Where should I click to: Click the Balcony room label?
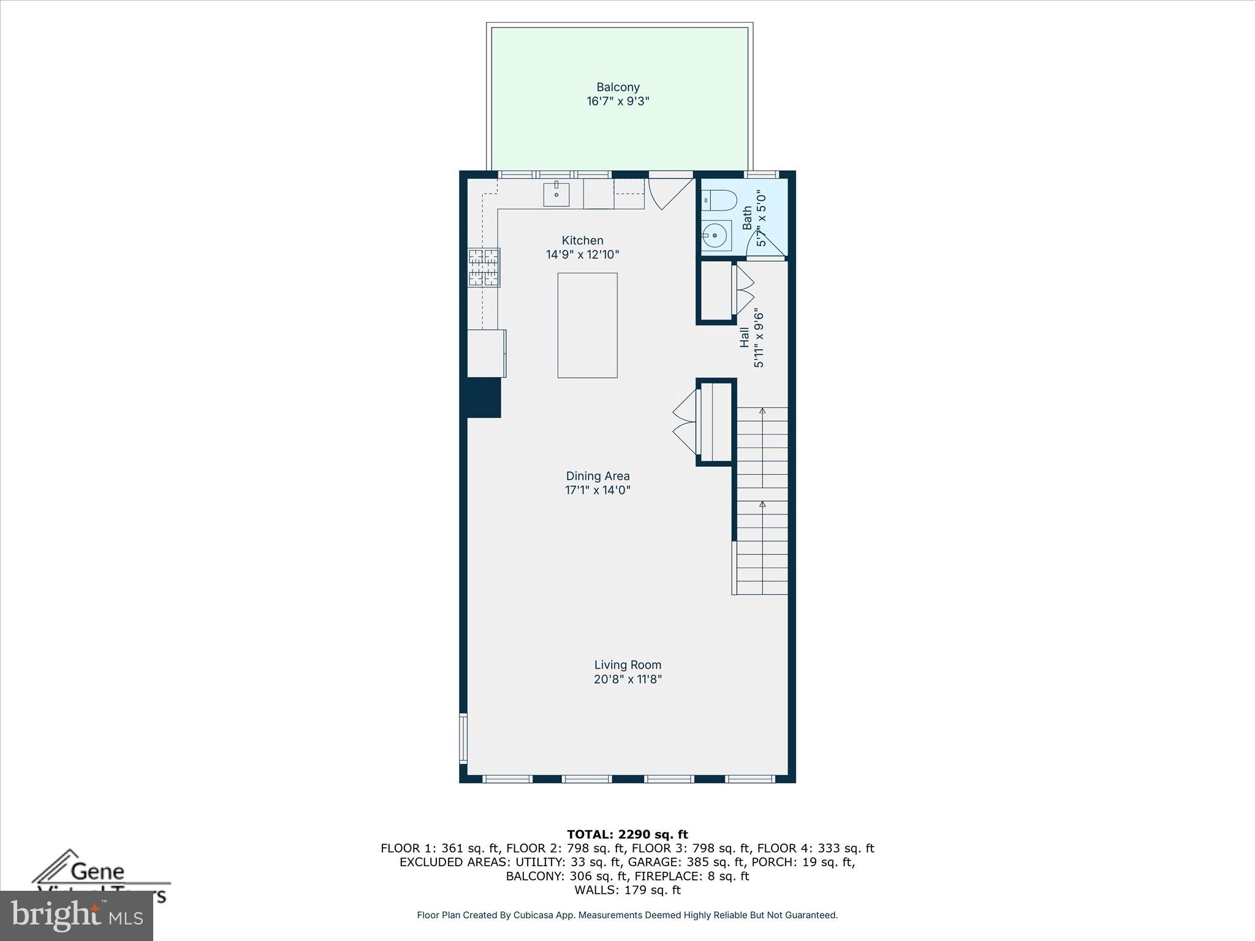click(x=618, y=87)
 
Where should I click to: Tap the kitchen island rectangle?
click(x=587, y=325)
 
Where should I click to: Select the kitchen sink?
click(x=556, y=195)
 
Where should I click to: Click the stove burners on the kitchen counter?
click(x=484, y=268)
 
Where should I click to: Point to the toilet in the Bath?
click(x=720, y=199)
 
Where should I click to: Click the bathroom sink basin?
click(x=715, y=235)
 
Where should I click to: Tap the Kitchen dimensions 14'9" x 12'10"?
click(x=582, y=255)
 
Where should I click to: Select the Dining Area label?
click(x=597, y=476)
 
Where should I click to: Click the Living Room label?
click(x=627, y=665)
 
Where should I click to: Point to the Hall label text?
click(x=744, y=337)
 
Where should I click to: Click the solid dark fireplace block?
click(x=483, y=398)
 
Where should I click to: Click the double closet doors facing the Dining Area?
click(x=685, y=421)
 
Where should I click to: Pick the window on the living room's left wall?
click(x=463, y=738)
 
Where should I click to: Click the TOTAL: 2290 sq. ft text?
click(x=627, y=834)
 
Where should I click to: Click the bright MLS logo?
click(x=77, y=915)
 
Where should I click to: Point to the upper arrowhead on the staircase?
click(x=762, y=410)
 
